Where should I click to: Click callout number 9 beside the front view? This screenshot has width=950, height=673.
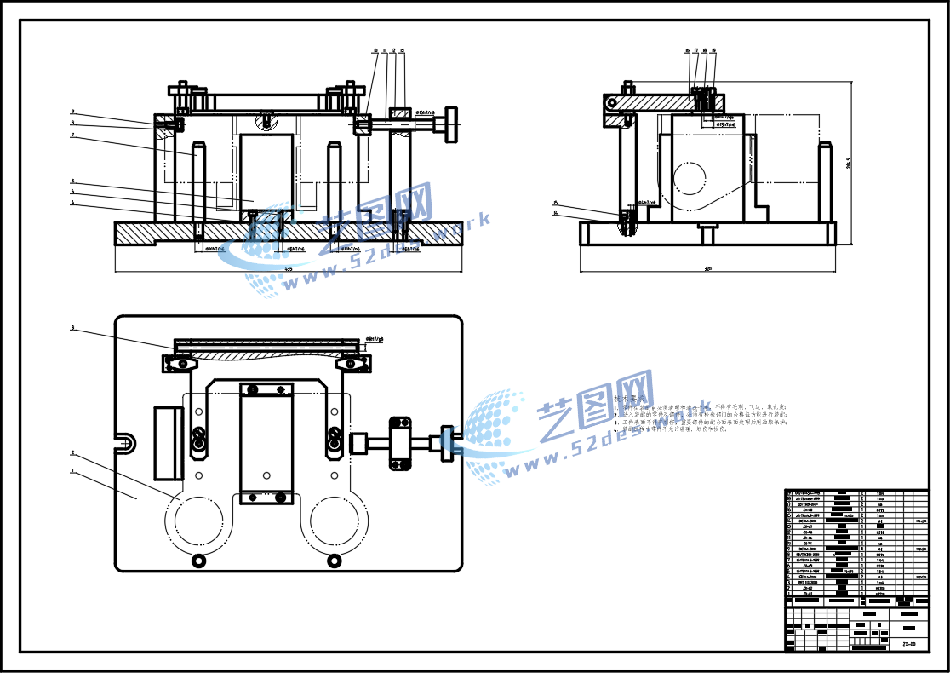[73, 112]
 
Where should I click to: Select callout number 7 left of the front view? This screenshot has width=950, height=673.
[73, 135]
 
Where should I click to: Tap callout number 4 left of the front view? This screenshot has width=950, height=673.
[73, 202]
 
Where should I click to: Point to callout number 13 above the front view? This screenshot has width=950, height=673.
[402, 51]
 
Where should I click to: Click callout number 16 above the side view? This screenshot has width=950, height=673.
[687, 51]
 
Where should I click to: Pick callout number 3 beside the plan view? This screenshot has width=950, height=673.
[73, 327]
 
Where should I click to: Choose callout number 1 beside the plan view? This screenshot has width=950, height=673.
[73, 469]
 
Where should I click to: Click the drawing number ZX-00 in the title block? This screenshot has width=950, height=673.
[907, 644]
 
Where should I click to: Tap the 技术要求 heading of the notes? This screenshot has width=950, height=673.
[631, 398]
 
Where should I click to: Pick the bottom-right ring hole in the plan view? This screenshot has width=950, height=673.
[333, 561]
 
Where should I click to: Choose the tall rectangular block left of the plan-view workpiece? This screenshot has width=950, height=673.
[168, 443]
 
